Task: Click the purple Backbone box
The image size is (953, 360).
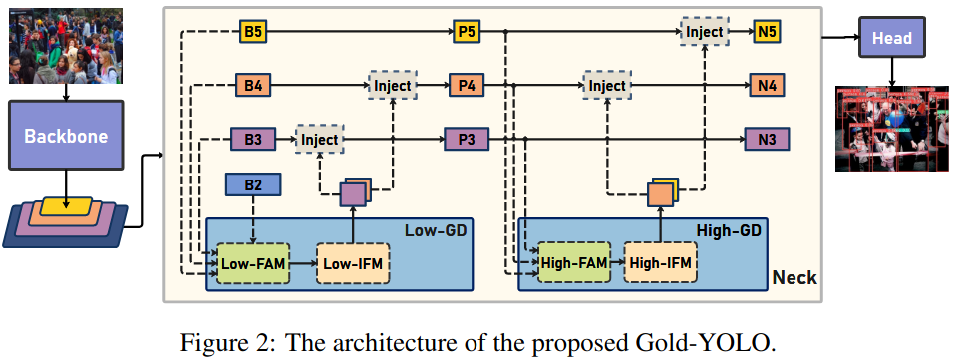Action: pyautogui.click(x=65, y=136)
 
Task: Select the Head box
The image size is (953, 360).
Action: pyautogui.click(x=891, y=38)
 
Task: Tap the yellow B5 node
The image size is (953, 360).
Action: pyautogui.click(x=254, y=32)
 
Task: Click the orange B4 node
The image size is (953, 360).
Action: pyautogui.click(x=253, y=86)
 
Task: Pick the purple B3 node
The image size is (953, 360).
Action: pyautogui.click(x=252, y=139)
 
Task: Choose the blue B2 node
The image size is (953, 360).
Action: pyautogui.click(x=254, y=183)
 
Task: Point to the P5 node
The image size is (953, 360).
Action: pyautogui.click(x=467, y=32)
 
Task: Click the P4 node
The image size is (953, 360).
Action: pyautogui.click(x=467, y=86)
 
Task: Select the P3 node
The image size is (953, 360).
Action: pyautogui.click(x=467, y=139)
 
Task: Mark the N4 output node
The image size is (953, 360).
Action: pyautogui.click(x=767, y=86)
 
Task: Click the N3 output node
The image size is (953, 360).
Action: pyautogui.click(x=767, y=139)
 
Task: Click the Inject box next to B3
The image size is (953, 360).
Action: pyautogui.click(x=319, y=139)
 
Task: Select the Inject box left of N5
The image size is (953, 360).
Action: pyautogui.click(x=705, y=32)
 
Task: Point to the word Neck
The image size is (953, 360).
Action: pyautogui.click(x=794, y=277)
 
